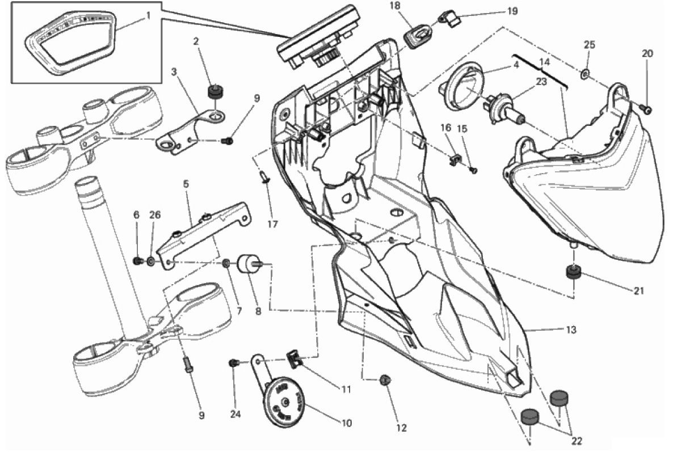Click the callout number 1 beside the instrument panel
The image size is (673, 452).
[x=149, y=16]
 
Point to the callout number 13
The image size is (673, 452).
[x=571, y=330]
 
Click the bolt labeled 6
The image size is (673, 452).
[x=138, y=260]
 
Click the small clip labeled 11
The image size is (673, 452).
[x=294, y=358]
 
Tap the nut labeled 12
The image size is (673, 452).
[x=385, y=379]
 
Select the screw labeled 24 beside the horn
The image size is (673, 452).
[x=233, y=363]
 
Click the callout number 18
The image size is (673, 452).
[x=395, y=6]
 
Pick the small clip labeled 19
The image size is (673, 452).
[x=448, y=18]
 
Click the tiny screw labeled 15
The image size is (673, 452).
[x=473, y=170]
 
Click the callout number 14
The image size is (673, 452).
[x=544, y=62]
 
